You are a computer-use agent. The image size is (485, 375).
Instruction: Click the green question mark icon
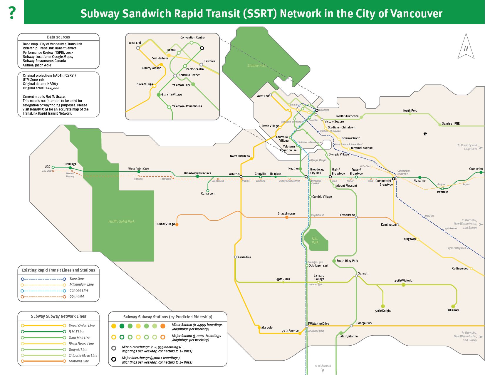click(12, 13)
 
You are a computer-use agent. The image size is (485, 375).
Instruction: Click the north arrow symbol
click(466, 47)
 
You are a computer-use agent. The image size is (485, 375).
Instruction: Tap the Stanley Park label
click(256, 66)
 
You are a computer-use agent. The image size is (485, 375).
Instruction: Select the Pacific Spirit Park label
click(121, 221)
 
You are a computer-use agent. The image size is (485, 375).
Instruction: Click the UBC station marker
click(53, 167)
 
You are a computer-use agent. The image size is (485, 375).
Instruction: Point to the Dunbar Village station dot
click(177, 225)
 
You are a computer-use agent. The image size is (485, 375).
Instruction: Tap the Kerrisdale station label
click(244, 257)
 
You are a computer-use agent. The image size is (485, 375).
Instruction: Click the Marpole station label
click(267, 327)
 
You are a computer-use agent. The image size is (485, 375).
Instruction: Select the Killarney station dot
click(453, 306)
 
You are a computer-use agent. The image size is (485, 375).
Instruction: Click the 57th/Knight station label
click(383, 311)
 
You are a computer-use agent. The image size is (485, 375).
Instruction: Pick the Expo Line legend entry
click(77, 279)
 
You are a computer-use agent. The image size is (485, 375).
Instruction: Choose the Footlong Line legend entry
click(78, 361)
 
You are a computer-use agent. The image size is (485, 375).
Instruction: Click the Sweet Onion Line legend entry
click(81, 326)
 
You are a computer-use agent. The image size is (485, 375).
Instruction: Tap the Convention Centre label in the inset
click(192, 37)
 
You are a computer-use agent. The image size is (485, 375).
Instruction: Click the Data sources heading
click(58, 37)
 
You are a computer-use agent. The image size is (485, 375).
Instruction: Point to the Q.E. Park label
click(315, 240)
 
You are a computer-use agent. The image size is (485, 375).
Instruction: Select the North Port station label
click(410, 111)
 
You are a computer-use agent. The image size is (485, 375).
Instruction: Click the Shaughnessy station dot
click(287, 217)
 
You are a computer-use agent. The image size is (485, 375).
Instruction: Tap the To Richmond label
click(323, 366)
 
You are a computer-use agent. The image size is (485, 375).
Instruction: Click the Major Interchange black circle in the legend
click(114, 359)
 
